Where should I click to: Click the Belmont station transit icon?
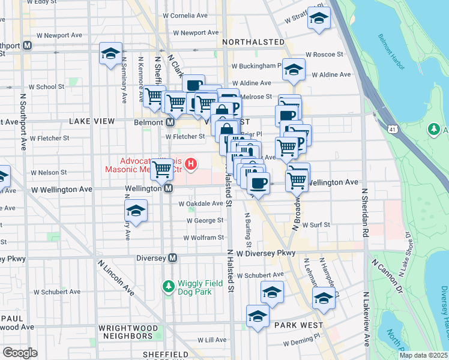[170, 122]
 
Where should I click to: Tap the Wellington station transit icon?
[169, 188]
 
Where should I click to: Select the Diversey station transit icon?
[173, 258]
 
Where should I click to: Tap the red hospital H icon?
[191, 163]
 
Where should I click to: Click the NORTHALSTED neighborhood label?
[253, 42]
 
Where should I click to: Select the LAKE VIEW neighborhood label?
[91, 121]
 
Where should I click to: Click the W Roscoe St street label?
[323, 54]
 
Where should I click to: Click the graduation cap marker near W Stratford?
[319, 18]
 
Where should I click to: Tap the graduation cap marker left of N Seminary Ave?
[110, 53]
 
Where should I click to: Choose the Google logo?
[20, 353]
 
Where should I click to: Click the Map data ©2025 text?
[423, 355]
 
